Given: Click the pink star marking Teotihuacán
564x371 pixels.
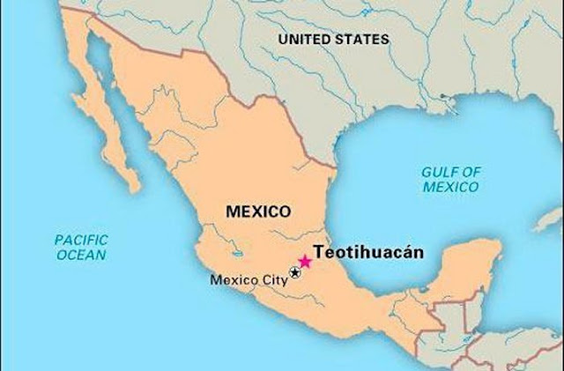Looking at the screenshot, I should pos(305,261).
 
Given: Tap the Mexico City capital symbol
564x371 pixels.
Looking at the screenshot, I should pos(294,271).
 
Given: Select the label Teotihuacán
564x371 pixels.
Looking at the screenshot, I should pos(368,251).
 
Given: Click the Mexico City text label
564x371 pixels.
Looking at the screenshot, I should pos(249,281).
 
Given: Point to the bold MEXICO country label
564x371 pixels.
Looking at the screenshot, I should pos(258,211).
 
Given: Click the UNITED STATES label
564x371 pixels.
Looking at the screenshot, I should pos(333,40).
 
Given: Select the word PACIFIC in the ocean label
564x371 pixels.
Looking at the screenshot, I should pos(80,239).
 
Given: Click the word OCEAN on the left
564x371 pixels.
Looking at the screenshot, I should pos(80,255).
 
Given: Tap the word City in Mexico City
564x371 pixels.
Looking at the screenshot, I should pos(272,281).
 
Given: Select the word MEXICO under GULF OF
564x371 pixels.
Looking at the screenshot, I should pos(449,187).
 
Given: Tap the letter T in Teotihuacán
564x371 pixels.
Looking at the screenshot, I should pos(319,251).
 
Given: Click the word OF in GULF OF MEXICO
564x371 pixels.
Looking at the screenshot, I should pos(468,172).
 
